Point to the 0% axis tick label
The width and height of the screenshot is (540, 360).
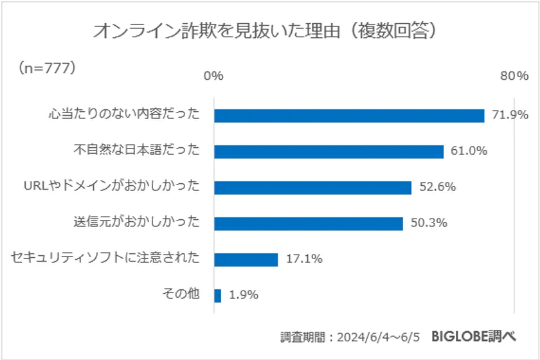click(213, 76)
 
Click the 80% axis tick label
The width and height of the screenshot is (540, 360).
click(514, 76)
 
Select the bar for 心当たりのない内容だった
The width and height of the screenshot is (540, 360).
click(348, 116)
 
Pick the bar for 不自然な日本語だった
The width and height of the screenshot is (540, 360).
click(328, 152)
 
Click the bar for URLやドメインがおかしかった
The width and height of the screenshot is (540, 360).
click(312, 188)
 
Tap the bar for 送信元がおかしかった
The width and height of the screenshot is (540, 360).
click(308, 224)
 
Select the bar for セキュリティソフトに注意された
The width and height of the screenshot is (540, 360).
click(246, 260)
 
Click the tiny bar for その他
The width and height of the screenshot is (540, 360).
click(217, 296)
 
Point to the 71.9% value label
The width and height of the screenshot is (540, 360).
click(510, 116)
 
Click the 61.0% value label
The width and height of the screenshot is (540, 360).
click(469, 152)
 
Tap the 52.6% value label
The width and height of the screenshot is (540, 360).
click(437, 188)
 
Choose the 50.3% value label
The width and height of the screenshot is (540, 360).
click(429, 224)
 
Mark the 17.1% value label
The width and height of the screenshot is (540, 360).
click(304, 260)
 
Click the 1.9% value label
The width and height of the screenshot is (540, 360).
click(244, 296)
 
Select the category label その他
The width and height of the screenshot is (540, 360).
click(183, 294)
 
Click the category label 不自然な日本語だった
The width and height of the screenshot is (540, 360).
click(137, 150)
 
